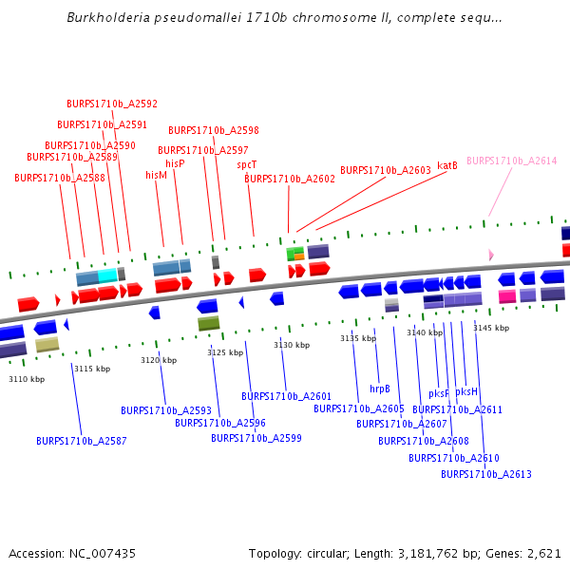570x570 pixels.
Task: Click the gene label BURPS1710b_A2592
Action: (112, 104)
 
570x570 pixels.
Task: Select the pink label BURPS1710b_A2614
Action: (512, 161)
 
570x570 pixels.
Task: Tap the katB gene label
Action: (447, 165)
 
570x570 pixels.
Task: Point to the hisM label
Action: (157, 175)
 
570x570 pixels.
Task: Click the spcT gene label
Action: (247, 164)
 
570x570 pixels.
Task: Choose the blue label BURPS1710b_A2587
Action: (82, 441)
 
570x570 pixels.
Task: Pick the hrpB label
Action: (380, 389)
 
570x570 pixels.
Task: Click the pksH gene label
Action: (466, 391)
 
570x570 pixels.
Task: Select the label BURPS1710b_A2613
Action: (486, 474)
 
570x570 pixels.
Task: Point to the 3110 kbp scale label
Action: (27, 379)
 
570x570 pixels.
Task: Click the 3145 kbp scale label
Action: (491, 328)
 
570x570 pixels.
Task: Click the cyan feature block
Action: (107, 275)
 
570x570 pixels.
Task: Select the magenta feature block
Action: (507, 296)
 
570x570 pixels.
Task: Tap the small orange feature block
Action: (299, 256)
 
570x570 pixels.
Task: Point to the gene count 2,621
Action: (546, 553)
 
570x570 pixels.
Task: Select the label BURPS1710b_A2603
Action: (386, 170)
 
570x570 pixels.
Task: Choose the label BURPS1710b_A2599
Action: (256, 438)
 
